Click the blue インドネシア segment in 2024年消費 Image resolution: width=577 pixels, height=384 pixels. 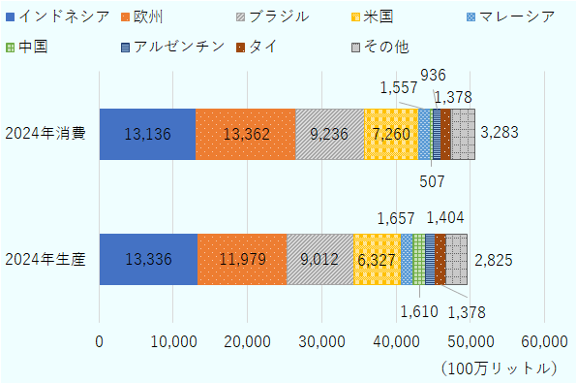point(147,134)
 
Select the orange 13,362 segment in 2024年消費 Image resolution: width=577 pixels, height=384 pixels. point(245,134)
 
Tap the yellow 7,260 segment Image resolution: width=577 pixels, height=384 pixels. point(390,134)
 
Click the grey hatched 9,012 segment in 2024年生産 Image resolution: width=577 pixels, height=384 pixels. point(319,259)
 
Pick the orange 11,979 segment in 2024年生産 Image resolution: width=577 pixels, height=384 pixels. point(241,259)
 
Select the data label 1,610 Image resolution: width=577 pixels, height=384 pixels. point(418,311)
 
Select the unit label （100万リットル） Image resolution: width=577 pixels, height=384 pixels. point(498,369)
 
